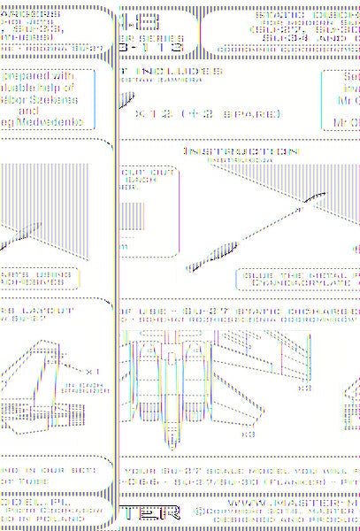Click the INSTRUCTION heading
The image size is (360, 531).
[x=226, y=151]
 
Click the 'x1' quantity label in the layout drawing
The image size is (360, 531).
[x=90, y=371]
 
